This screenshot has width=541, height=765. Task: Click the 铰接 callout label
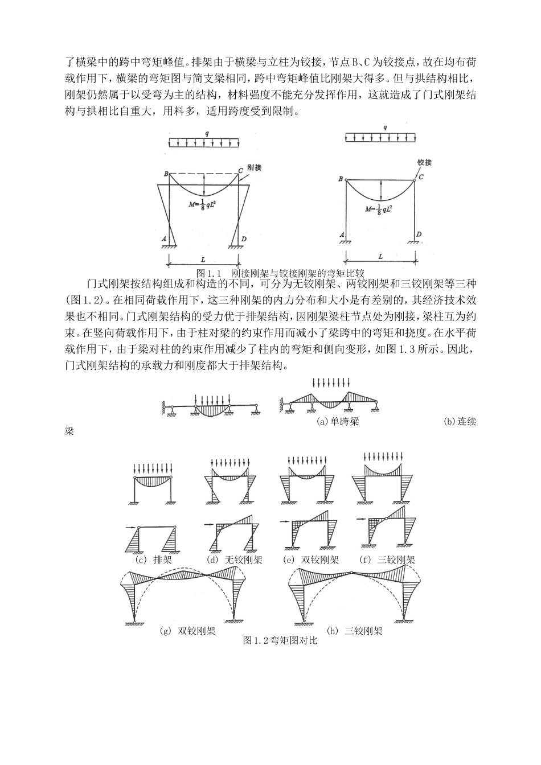point(424,162)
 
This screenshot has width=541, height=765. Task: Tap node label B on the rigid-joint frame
point(166,174)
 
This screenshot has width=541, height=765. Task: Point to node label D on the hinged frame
point(419,234)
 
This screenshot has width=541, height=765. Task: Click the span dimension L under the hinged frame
point(380,257)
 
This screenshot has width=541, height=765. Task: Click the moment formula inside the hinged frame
point(380,209)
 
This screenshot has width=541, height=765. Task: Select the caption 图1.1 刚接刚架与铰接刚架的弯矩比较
point(279,273)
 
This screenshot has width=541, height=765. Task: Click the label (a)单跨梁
point(338,422)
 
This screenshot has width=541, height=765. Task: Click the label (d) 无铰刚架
point(235,560)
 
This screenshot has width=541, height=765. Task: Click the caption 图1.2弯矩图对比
point(279,641)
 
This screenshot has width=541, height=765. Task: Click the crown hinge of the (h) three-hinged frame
point(353,571)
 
